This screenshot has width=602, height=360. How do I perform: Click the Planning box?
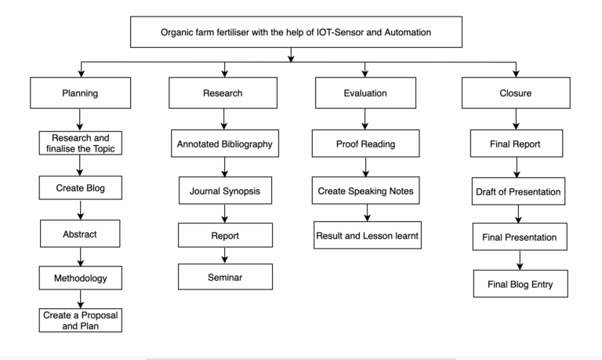[79, 93]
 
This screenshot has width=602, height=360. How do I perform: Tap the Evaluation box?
[364, 93]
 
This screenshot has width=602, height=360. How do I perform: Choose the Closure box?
[517, 93]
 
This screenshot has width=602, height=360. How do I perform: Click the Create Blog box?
[79, 188]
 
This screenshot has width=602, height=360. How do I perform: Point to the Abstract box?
[79, 233]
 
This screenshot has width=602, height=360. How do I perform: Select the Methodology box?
[79, 277]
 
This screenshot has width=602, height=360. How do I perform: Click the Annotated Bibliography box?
[225, 144]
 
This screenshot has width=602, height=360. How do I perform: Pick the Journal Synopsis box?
[225, 190]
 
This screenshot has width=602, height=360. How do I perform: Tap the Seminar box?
[225, 277]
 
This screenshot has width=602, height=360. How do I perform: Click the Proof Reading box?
[364, 144]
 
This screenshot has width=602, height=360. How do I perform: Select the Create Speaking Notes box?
[364, 190]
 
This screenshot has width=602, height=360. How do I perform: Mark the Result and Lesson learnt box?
[366, 235]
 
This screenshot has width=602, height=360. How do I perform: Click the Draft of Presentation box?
[517, 191]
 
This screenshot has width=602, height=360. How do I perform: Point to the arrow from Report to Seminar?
[225, 256]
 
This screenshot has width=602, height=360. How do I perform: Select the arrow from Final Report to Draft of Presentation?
[517, 168]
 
